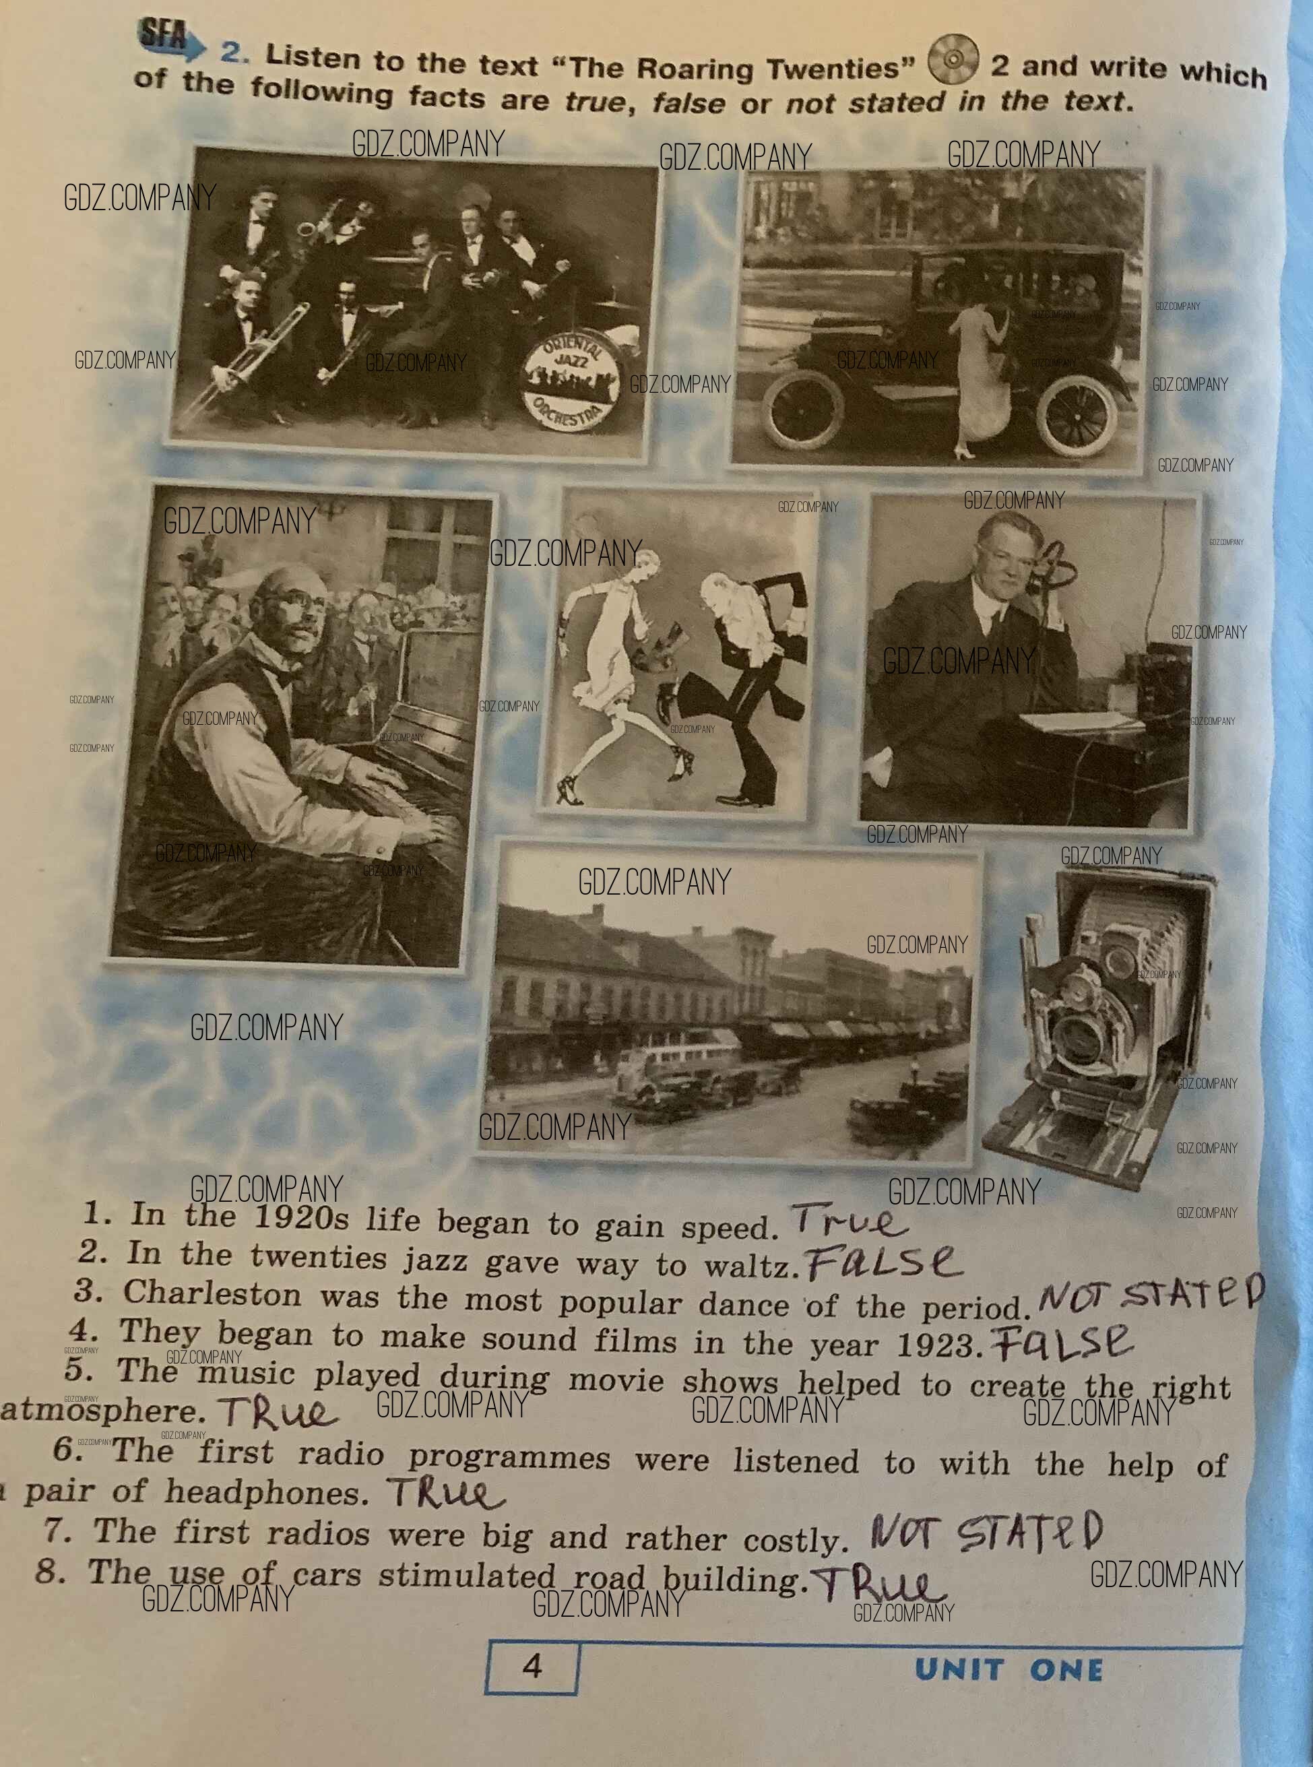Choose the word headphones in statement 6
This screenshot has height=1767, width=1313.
pyautogui.click(x=267, y=1493)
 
